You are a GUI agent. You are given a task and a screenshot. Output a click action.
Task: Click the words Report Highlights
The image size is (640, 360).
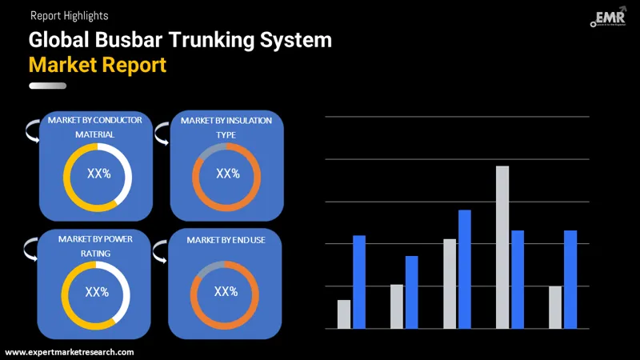(69, 15)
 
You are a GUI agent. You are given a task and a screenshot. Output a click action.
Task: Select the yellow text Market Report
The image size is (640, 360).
(98, 64)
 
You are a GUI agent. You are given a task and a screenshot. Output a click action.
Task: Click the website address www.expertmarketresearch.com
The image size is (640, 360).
(70, 352)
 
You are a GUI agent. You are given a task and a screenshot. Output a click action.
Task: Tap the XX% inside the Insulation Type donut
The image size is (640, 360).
(228, 174)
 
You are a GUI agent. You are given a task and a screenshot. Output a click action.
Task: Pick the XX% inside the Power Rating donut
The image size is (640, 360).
(97, 292)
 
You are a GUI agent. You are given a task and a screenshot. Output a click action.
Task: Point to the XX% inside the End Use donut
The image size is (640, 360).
(226, 291)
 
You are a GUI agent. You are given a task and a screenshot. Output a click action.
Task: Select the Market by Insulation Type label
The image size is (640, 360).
(226, 127)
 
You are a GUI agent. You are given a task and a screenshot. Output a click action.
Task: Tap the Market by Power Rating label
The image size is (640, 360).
(95, 246)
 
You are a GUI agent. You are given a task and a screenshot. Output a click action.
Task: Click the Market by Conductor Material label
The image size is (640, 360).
(95, 127)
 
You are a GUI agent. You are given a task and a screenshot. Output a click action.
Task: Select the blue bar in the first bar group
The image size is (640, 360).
(359, 282)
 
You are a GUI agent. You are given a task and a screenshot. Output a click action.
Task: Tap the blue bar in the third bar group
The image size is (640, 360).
(465, 269)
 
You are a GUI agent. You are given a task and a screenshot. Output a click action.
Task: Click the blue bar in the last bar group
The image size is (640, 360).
(570, 279)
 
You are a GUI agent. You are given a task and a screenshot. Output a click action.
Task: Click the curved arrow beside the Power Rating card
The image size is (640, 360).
(30, 248)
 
